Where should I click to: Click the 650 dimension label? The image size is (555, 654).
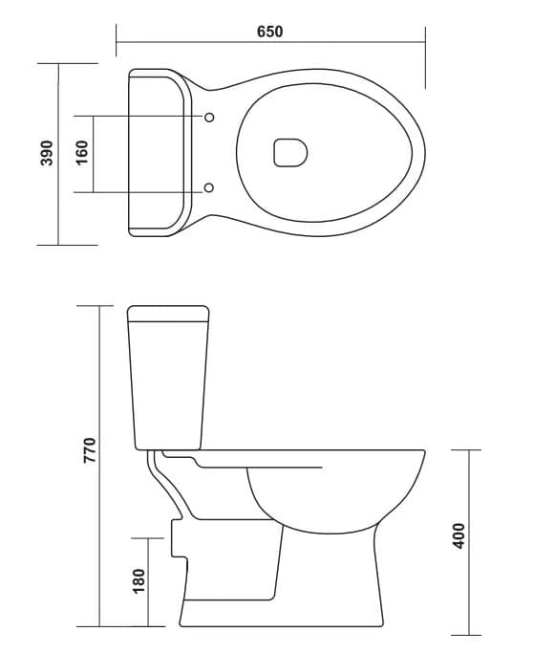(x=269, y=32)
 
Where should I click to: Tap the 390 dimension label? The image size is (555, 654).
(x=46, y=153)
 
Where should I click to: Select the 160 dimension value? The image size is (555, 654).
(x=81, y=153)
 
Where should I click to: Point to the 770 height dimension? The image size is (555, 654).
(x=89, y=448)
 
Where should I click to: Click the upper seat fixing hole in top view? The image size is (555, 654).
(x=209, y=118)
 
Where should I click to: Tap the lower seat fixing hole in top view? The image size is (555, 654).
(x=209, y=187)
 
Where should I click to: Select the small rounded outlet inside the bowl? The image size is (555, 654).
(x=290, y=153)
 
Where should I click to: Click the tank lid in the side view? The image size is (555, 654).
(x=168, y=313)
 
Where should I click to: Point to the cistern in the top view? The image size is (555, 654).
(x=159, y=152)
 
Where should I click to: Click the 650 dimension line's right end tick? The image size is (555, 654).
(x=424, y=41)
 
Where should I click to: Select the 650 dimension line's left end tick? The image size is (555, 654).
(x=116, y=41)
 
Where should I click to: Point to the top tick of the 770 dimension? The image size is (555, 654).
(x=100, y=305)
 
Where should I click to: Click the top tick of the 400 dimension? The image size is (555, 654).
(x=467, y=449)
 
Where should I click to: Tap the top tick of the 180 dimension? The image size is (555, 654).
(x=147, y=537)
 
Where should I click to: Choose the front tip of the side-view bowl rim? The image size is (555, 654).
(x=424, y=452)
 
